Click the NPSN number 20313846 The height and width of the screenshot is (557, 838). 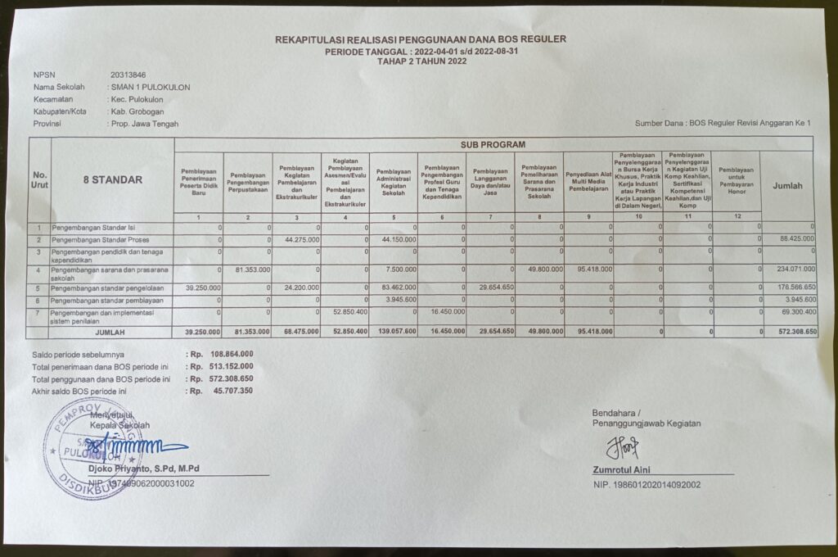tap(128, 75)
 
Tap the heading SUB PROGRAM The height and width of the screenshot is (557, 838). tap(493, 144)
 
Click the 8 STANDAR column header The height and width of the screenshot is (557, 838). tap(112, 179)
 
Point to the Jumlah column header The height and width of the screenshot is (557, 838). tap(788, 186)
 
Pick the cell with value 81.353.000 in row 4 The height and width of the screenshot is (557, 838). tap(247, 269)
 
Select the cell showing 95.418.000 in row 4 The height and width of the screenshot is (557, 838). tap(589, 269)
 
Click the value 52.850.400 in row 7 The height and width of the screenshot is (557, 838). tap(347, 312)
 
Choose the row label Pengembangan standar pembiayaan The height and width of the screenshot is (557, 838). tap(106, 301)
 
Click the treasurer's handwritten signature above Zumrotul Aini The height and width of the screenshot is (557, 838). tap(621, 446)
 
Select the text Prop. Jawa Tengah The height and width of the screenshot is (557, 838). tap(146, 124)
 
